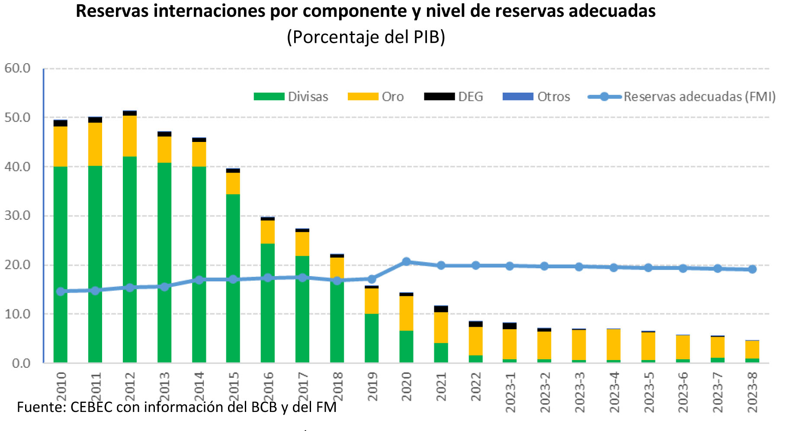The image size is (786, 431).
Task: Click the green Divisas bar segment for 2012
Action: pos(130,260)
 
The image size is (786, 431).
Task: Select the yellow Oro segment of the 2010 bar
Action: pos(61,146)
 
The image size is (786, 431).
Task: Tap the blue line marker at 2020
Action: pos(406,261)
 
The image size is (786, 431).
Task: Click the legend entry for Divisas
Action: pos(291,96)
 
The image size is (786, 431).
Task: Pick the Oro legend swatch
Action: pos(363,96)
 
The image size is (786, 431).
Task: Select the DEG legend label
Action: pos(471,96)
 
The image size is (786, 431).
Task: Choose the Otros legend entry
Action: pos(536,96)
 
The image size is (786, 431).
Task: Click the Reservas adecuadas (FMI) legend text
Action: pos(699,96)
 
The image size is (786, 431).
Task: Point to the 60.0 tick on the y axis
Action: pos(17,68)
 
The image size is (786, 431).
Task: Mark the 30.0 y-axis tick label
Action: pos(17,215)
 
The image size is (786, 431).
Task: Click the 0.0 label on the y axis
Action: pos(21,363)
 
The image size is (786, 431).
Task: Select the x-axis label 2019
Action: pos(372,386)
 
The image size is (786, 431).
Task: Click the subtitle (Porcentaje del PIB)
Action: pos(366,37)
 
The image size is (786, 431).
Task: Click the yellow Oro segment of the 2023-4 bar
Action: pos(613,344)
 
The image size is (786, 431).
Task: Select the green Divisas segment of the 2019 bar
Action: pos(372,338)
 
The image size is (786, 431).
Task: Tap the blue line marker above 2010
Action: pos(61,291)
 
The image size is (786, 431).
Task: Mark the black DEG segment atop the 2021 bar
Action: pos(441,309)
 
